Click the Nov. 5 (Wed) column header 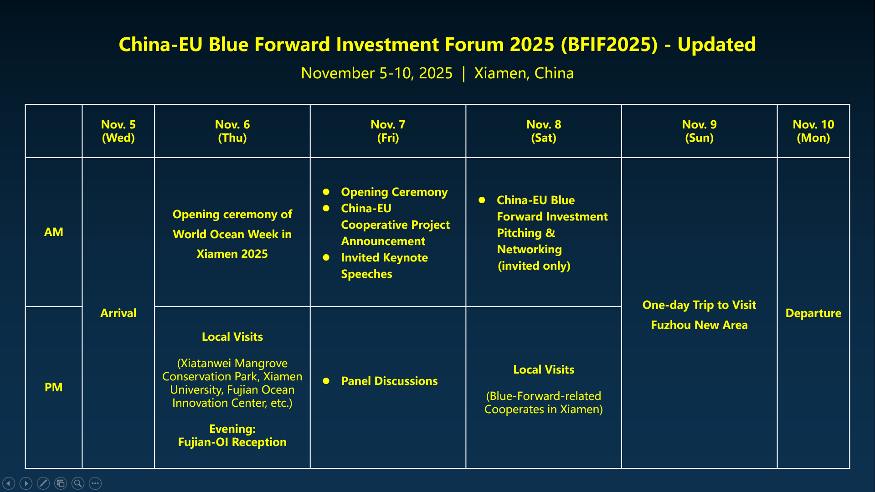(118, 131)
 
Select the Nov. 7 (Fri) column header (388, 131)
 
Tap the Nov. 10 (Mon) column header (813, 131)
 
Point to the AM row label (54, 232)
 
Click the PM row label (54, 387)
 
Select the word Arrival (118, 313)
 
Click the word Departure (813, 313)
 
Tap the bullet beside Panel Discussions (326, 381)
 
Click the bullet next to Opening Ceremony (326, 192)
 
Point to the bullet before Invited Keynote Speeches (326, 257)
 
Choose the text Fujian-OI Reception (232, 442)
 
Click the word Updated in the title (717, 45)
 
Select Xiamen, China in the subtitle (524, 73)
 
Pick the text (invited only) (534, 266)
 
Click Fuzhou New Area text (700, 325)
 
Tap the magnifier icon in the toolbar (78, 483)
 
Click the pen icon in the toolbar (43, 483)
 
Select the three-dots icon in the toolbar (95, 483)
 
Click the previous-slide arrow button (9, 483)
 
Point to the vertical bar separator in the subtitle (463, 74)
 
